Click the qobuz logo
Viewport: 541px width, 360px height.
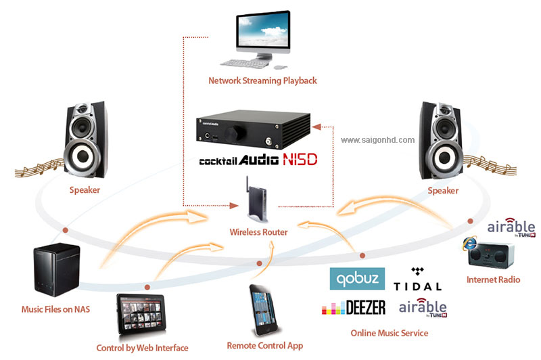click(357, 278)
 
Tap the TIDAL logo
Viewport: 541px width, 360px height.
click(417, 279)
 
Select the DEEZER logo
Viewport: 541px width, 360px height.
click(354, 307)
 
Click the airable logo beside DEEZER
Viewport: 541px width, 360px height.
click(423, 307)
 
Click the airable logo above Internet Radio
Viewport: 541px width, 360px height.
click(511, 227)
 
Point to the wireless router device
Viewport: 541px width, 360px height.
click(257, 200)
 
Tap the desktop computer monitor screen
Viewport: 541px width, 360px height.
click(263, 31)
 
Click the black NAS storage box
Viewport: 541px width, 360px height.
click(57, 269)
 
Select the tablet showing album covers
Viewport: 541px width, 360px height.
click(141, 313)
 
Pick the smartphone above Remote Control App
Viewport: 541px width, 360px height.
click(263, 309)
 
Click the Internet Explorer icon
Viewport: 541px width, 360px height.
click(469, 244)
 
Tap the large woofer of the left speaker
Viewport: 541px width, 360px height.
click(83, 156)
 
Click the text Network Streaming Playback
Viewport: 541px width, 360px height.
click(262, 81)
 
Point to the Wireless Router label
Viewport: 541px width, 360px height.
click(259, 232)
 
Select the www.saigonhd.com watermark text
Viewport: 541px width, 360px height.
click(378, 140)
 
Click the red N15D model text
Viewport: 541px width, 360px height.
click(300, 160)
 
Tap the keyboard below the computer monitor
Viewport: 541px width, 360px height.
click(244, 63)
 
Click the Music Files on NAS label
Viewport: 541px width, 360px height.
click(55, 309)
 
